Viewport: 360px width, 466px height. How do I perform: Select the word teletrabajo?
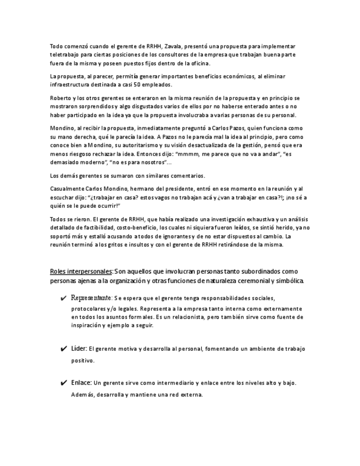click(65, 55)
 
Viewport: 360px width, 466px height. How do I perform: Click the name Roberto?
click(61, 97)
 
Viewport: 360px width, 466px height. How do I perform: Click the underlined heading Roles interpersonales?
click(81, 271)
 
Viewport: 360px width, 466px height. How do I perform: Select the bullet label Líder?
click(79, 348)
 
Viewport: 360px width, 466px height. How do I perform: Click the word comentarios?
click(186, 175)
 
